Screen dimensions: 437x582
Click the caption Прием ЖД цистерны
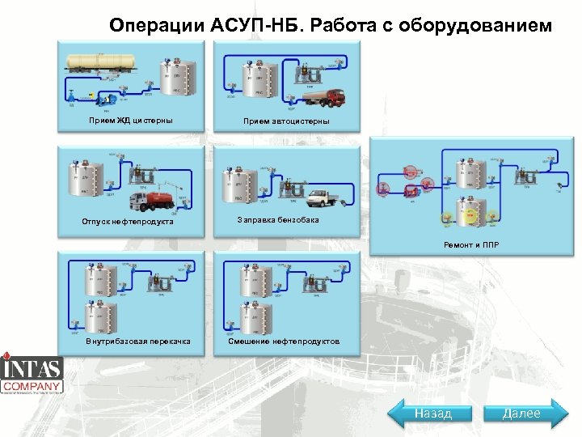point(123,121)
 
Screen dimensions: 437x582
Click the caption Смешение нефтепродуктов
point(283,341)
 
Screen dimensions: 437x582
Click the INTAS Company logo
point(32,374)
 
